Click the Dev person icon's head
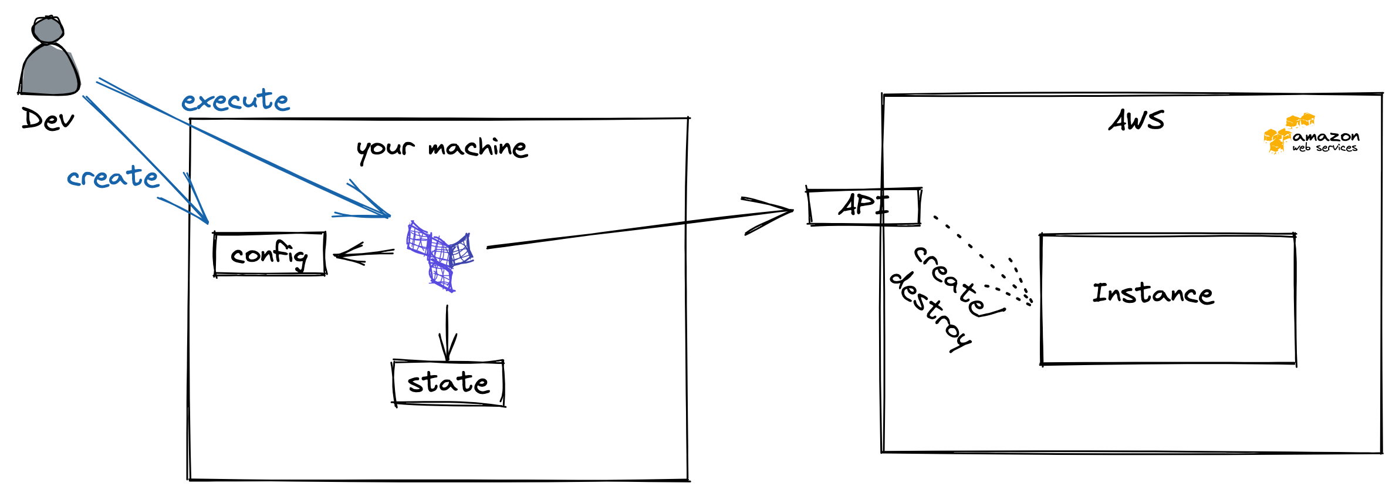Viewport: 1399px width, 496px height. pos(48,29)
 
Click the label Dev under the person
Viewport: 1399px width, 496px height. pos(48,119)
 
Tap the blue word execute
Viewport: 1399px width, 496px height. pos(235,100)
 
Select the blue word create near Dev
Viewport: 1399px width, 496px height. pos(113,177)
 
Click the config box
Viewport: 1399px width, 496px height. pos(269,254)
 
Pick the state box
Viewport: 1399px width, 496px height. pos(448,383)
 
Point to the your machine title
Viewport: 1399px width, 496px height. pos(442,148)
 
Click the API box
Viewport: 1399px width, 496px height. pos(863,206)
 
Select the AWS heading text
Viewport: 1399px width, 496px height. pos(1136,121)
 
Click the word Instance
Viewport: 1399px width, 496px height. pos(1153,293)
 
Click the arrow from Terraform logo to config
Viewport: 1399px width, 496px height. pos(364,254)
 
